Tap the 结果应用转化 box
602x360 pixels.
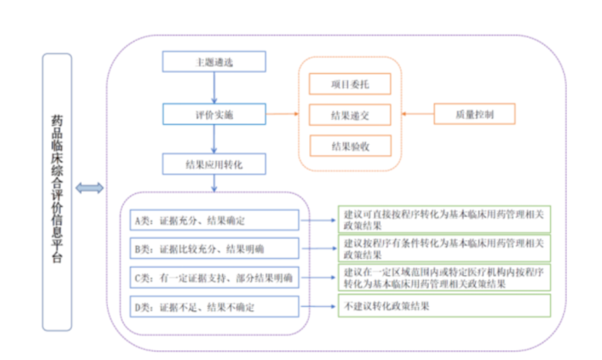pos(214,164)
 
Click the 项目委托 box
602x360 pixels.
pos(350,84)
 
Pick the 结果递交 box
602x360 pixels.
pos(350,115)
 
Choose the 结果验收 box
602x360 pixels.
pos(350,145)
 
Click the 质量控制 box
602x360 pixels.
pos(474,115)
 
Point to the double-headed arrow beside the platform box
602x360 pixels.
pos(90,188)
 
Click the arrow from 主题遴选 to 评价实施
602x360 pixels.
pos(214,88)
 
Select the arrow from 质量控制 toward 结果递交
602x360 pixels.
pos(417,115)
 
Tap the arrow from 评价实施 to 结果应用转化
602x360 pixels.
pos(214,139)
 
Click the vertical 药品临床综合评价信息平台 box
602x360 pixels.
pos(57,192)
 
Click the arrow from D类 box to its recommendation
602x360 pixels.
pos(320,307)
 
